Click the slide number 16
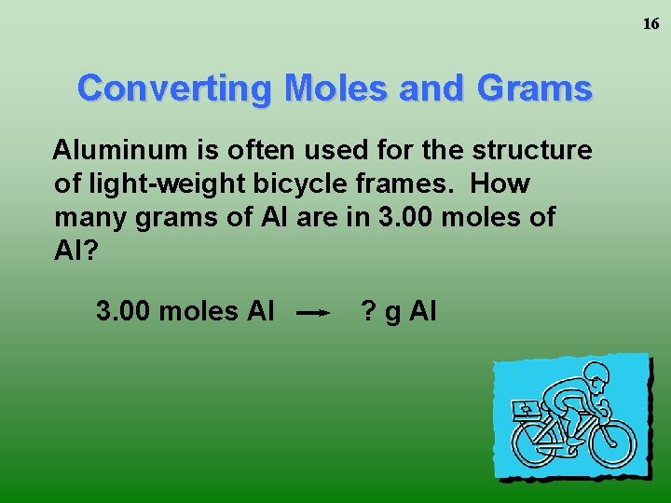[650, 24]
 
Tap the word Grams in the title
[534, 88]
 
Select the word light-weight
[157, 184]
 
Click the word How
[500, 184]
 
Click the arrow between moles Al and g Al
[314, 314]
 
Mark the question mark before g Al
[368, 310]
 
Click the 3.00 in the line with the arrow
[124, 310]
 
